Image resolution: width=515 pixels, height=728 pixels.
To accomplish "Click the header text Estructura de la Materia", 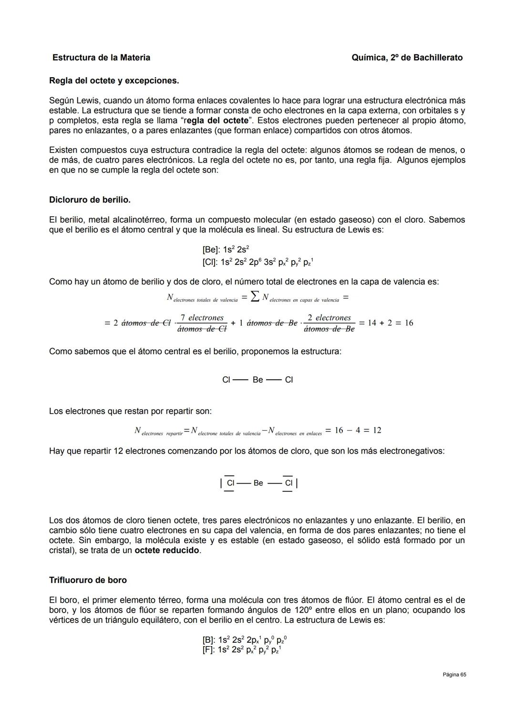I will tap(101, 58).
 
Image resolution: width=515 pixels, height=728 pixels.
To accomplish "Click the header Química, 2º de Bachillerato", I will tap(407, 58).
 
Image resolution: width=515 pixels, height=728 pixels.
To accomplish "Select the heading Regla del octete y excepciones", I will tap(114, 81).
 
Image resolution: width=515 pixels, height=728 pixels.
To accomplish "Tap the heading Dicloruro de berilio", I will tap(90, 200).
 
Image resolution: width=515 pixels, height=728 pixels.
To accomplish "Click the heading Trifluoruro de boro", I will tap(88, 580).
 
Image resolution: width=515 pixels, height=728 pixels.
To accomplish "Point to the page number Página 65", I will tap(454, 675).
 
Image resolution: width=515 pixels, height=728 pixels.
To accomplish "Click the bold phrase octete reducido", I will tap(167, 550).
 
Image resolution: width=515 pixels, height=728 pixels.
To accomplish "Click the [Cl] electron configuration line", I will tap(257, 262).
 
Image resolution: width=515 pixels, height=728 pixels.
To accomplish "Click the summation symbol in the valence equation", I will tap(255, 298).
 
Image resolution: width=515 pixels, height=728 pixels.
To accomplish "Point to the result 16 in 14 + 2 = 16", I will tap(409, 323).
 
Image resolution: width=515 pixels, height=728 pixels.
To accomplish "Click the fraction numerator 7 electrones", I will tap(202, 318).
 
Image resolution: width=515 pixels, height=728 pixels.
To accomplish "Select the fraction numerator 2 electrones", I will tap(329, 318).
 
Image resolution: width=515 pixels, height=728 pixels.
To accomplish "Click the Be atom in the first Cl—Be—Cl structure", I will tap(257, 380).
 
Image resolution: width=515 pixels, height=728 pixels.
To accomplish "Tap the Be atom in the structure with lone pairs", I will tap(258, 483).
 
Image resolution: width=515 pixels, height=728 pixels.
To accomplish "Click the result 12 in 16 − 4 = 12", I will tap(377, 430).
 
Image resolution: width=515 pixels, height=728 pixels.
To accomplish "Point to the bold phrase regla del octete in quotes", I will tap(217, 121).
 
